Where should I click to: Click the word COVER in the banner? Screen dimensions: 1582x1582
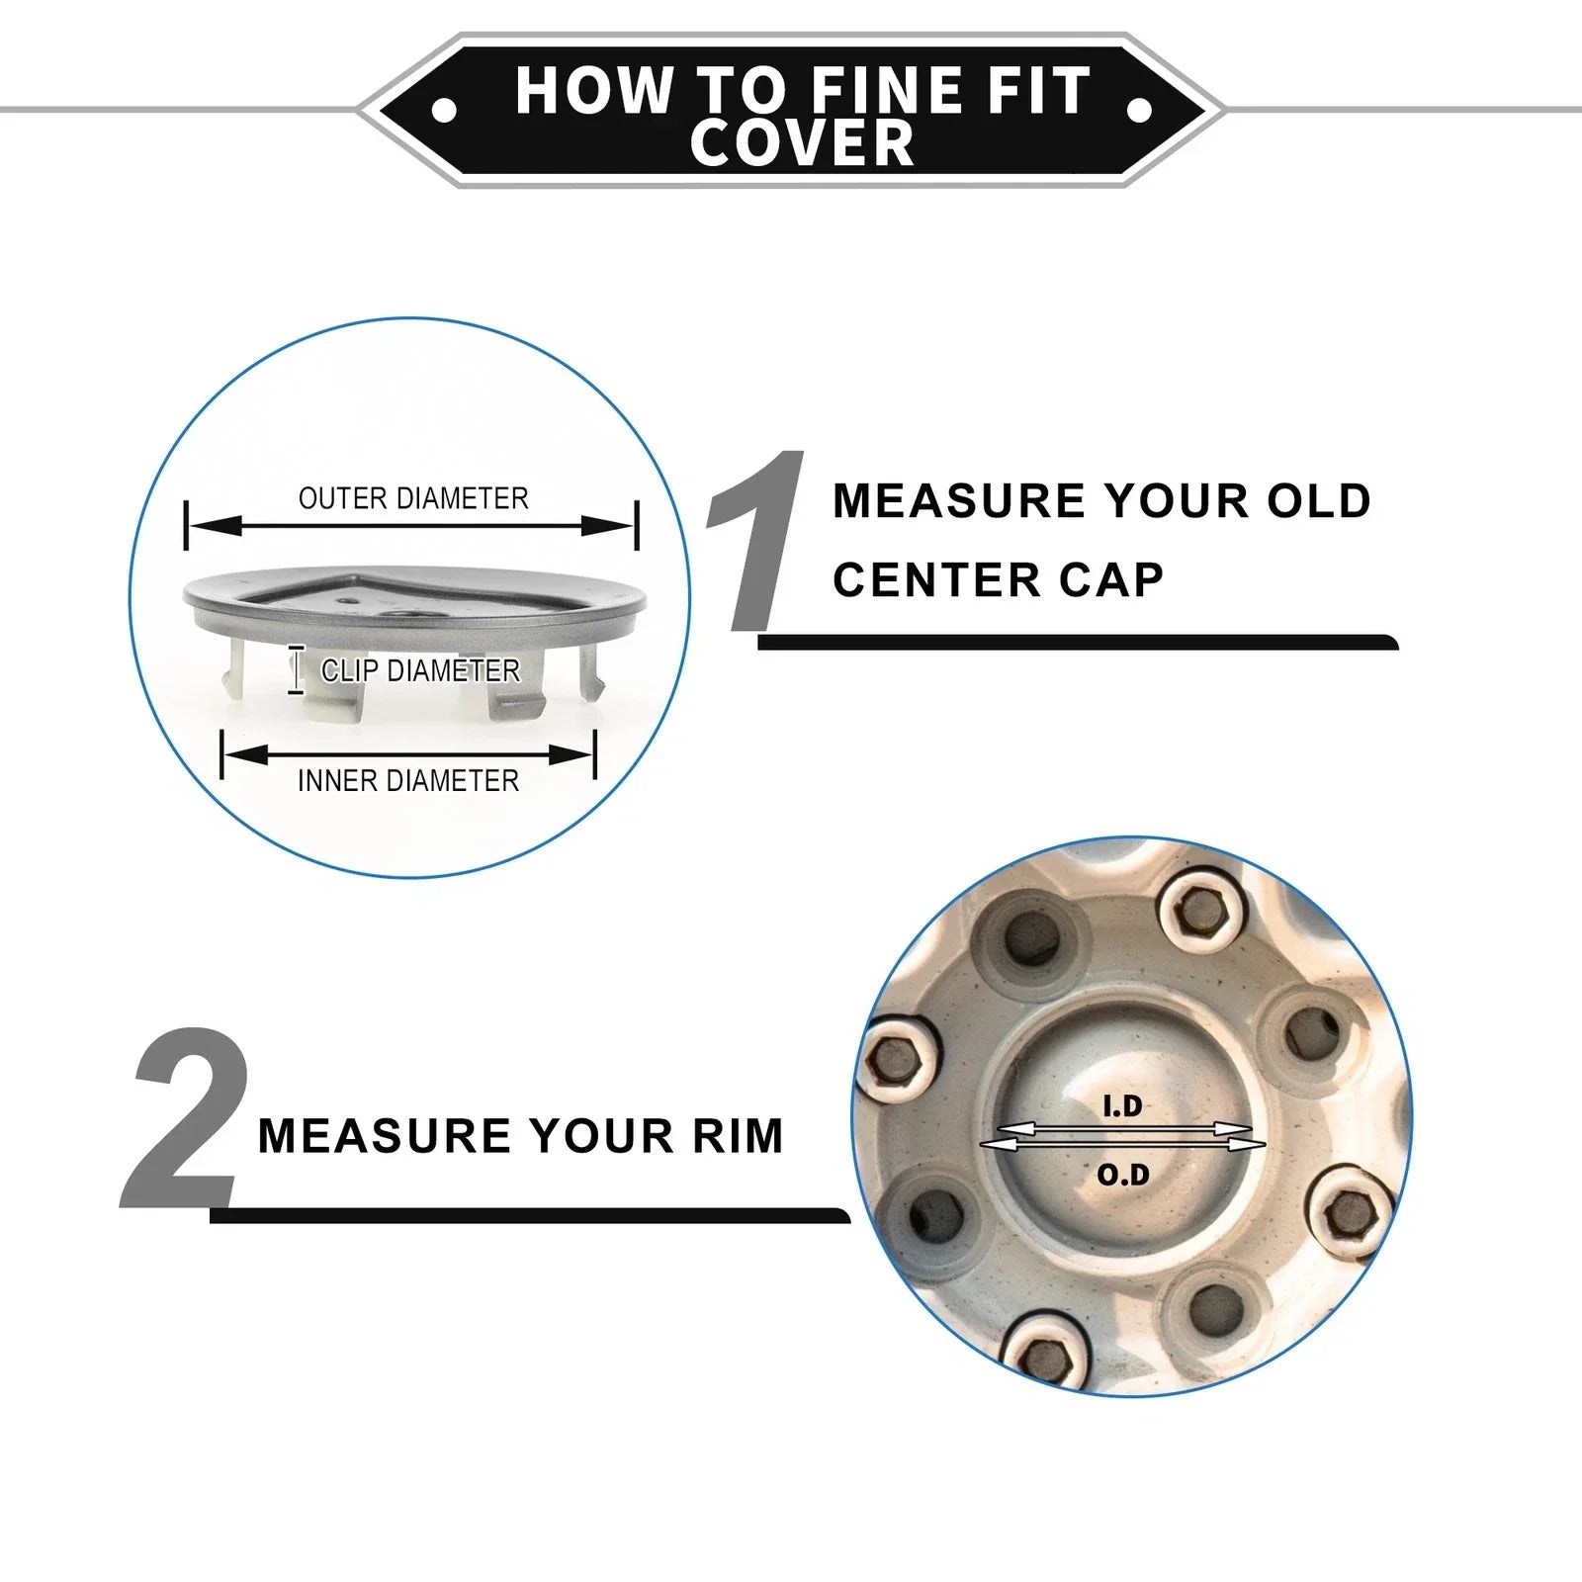tap(802, 142)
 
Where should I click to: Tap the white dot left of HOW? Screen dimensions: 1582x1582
tap(444, 110)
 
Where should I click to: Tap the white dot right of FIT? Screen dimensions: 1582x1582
tap(1139, 110)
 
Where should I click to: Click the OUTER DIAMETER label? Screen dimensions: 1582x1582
tap(413, 498)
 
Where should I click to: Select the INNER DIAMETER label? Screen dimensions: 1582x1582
tap(408, 781)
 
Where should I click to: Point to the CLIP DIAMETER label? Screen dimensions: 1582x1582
tap(420, 670)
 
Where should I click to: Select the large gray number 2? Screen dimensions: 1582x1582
tap(186, 1118)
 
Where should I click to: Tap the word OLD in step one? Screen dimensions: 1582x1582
tap(1319, 501)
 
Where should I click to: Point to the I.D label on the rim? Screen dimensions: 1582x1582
tap(1122, 1106)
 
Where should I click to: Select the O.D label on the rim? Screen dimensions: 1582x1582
tap(1123, 1175)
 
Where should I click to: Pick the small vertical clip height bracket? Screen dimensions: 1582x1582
tap(295, 669)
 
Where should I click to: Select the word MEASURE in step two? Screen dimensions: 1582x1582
tap(384, 1136)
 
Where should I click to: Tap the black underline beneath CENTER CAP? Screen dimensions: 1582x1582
tap(1078, 643)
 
